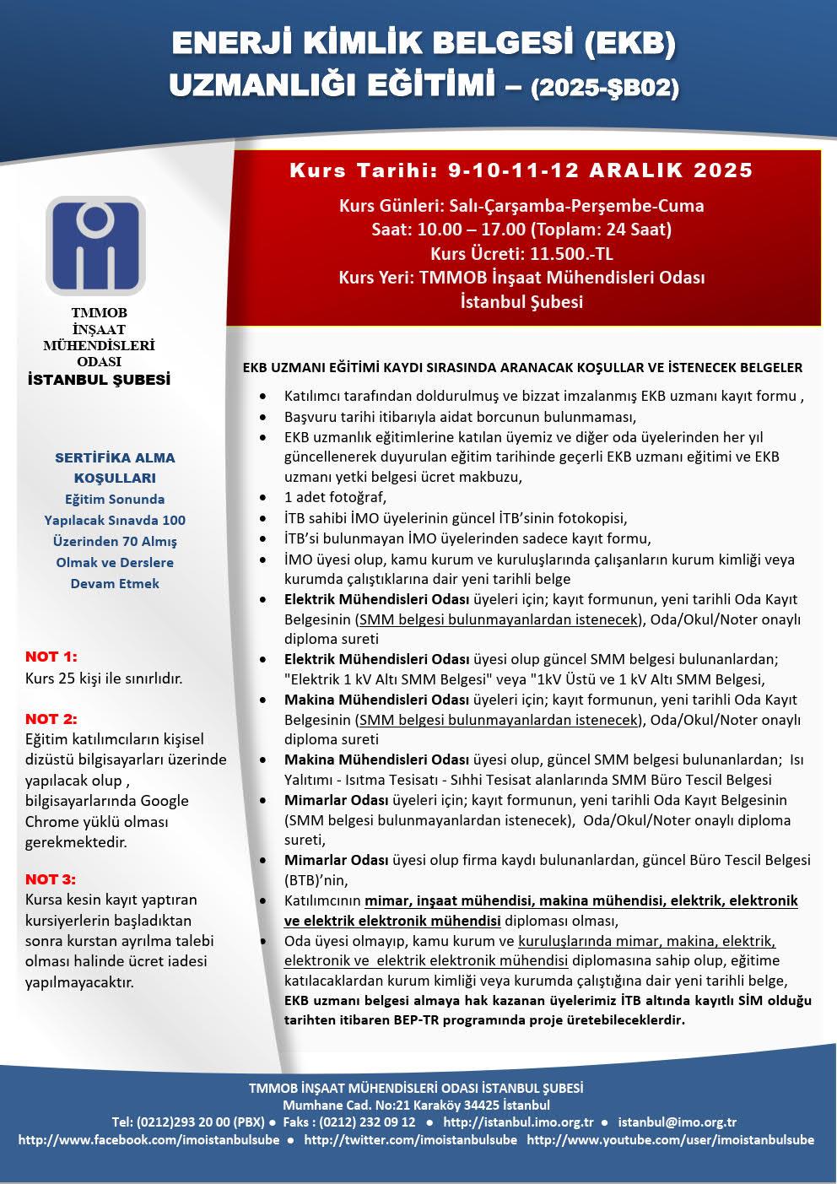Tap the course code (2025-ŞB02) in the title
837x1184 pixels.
[x=604, y=88]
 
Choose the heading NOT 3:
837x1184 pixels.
[x=51, y=879]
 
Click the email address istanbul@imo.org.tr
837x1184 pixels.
[x=678, y=1122]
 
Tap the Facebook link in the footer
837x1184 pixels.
[x=149, y=1139]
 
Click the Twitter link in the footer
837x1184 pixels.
[x=411, y=1139]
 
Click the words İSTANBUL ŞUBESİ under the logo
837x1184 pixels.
[x=99, y=380]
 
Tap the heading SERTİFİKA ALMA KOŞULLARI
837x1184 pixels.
[x=115, y=468]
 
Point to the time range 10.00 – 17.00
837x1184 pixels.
[x=478, y=230]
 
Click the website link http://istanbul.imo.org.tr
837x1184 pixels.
[x=519, y=1122]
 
